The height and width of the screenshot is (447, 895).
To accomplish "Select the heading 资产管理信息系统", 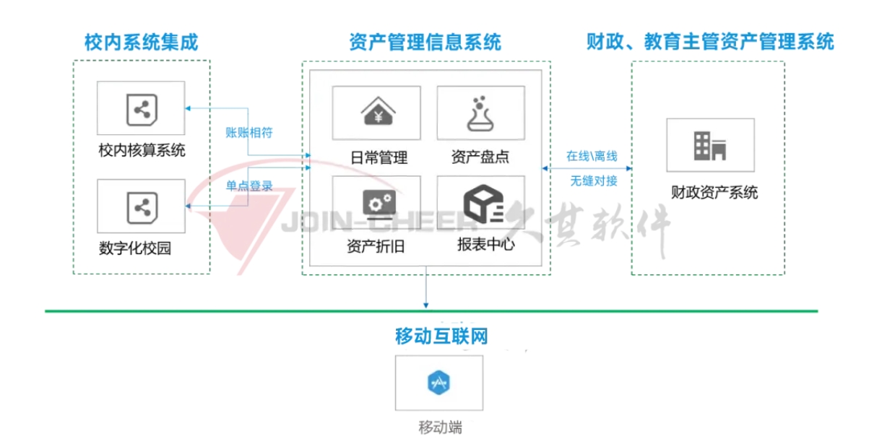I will [x=425, y=42].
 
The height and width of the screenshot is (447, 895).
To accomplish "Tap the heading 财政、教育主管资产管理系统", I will [x=709, y=42].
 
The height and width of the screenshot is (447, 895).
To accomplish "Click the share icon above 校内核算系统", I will [x=141, y=110].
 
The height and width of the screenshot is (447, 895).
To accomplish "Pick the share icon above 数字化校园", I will [x=141, y=207].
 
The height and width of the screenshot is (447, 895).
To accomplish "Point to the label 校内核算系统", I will [x=142, y=151].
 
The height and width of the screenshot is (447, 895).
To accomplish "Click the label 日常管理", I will [x=379, y=157].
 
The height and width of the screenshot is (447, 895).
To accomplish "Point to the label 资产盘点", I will [x=480, y=157].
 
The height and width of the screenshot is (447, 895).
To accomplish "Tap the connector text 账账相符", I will [x=249, y=132].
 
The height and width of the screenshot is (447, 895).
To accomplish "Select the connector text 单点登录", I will [x=249, y=186].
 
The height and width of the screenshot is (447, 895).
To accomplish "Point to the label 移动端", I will [x=440, y=427].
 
